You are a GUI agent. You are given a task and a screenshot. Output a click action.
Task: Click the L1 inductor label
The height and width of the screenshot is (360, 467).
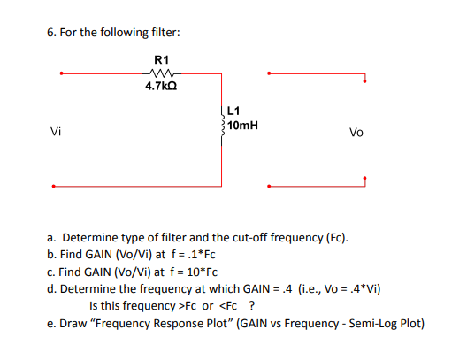coord(234,111)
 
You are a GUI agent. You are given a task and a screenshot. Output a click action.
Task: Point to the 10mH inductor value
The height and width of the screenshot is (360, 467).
coord(242,126)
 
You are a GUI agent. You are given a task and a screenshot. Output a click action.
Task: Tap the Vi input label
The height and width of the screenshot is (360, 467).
coord(56,134)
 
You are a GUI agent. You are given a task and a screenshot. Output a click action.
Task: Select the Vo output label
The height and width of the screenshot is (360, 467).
coord(356,134)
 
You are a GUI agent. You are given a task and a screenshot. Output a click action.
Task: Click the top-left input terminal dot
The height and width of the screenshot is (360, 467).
coord(59,74)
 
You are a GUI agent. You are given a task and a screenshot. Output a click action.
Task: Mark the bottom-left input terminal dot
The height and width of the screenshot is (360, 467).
coord(54,187)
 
